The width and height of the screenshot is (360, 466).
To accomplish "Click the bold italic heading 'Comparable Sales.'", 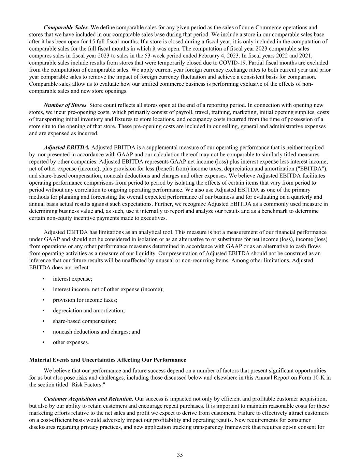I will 67,27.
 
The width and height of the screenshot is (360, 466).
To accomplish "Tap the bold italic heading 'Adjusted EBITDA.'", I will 67,147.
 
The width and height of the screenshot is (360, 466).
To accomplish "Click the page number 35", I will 180,455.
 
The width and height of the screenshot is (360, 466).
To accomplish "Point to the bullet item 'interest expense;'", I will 72,279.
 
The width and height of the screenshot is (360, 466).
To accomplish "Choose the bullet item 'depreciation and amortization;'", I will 89,311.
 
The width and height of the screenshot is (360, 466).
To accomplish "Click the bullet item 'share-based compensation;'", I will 85,321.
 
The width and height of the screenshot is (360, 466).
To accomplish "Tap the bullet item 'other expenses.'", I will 71,342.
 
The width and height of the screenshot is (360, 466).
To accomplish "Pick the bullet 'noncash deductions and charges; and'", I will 96,332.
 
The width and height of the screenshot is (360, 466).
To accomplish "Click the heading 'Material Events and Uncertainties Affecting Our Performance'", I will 108,360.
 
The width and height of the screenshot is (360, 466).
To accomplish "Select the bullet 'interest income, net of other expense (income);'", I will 108,290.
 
